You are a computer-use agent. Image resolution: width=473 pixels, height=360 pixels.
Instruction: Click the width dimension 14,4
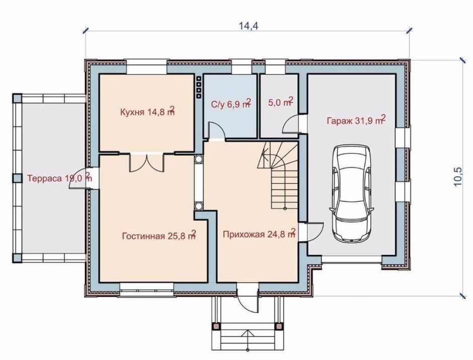click(x=249, y=26)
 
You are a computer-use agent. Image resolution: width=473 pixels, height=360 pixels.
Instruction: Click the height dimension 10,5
click(x=458, y=177)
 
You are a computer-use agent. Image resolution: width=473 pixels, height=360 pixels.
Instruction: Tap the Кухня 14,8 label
click(x=147, y=111)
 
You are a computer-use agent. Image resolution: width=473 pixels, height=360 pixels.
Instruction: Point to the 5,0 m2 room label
click(x=281, y=102)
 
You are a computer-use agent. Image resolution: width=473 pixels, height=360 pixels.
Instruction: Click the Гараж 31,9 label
click(x=356, y=120)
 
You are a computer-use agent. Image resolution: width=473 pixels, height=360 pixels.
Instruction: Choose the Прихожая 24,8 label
click(x=259, y=233)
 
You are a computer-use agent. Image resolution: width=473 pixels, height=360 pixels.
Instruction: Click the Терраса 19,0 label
click(x=59, y=177)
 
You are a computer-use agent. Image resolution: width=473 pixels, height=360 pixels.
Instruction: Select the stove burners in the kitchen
click(x=199, y=87)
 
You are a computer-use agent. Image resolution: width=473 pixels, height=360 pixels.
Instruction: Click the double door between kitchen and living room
click(x=147, y=163)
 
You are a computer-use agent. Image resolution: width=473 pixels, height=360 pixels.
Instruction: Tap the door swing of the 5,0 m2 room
click(x=291, y=124)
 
